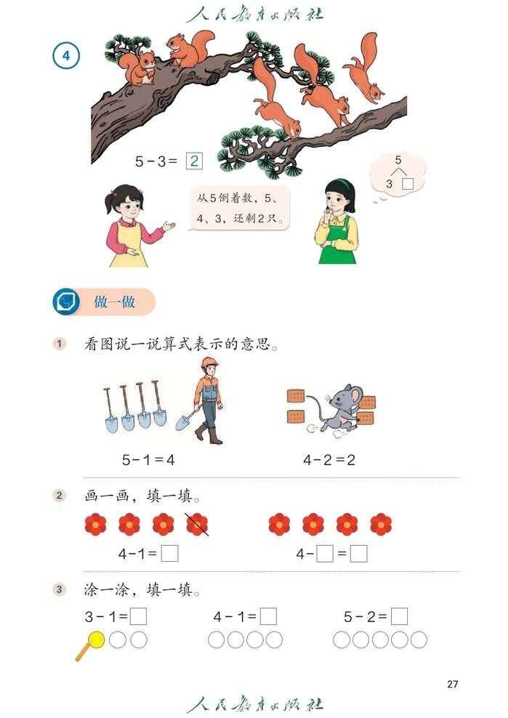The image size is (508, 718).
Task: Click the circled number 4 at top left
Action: pos(66,55)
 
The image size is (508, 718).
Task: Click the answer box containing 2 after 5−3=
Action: pos(194,161)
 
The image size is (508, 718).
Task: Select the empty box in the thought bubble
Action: pos(408,184)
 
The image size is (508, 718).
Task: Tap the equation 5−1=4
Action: pos(149,459)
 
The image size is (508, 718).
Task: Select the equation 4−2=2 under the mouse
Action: pos(328,459)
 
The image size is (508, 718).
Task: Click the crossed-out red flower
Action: pos(197,523)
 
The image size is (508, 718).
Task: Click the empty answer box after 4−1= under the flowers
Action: pos(169,554)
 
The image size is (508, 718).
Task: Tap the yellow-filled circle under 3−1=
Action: pos(97,640)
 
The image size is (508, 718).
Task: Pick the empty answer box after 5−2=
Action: pos(399,617)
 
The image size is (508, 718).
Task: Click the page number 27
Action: pos(452,684)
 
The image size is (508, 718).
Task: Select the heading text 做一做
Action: pos(114,302)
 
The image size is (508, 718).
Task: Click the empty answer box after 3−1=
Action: pos(138,617)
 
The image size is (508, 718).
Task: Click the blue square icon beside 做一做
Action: pos(67,302)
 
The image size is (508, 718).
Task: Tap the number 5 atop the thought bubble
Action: pos(398,160)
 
